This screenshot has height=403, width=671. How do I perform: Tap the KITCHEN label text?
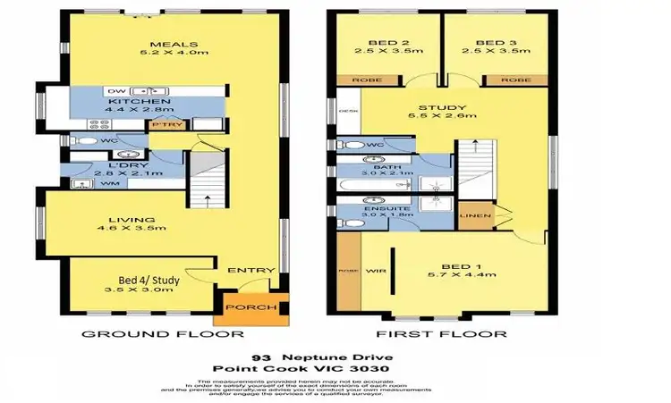tap(132, 103)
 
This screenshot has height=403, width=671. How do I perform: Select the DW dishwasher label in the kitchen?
tap(114, 91)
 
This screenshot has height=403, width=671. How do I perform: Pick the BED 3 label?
tap(494, 43)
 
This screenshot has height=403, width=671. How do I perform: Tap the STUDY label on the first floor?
tap(437, 108)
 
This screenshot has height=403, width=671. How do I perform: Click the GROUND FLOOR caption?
tap(163, 334)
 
